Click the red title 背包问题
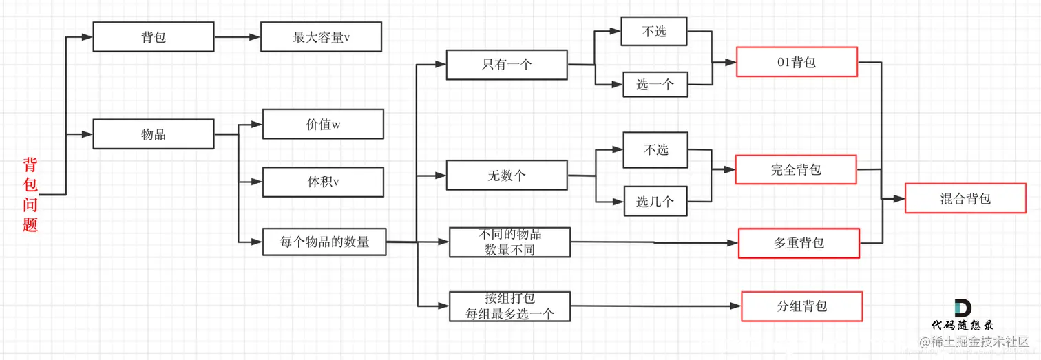point(30,195)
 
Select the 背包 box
point(153,37)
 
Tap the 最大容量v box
point(321,37)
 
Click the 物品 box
point(153,134)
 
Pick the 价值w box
point(323,125)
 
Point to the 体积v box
point(323,182)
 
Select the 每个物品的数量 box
point(324,242)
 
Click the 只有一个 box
point(507,65)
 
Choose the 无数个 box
point(507,175)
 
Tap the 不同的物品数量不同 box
point(509,242)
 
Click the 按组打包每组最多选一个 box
point(509,306)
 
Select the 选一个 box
point(655,85)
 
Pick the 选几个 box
point(655,202)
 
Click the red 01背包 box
point(797,62)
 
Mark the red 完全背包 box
point(796,169)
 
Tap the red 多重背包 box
point(799,243)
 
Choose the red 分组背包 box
point(801,306)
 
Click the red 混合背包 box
point(965,198)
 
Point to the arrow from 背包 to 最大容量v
point(237,37)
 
